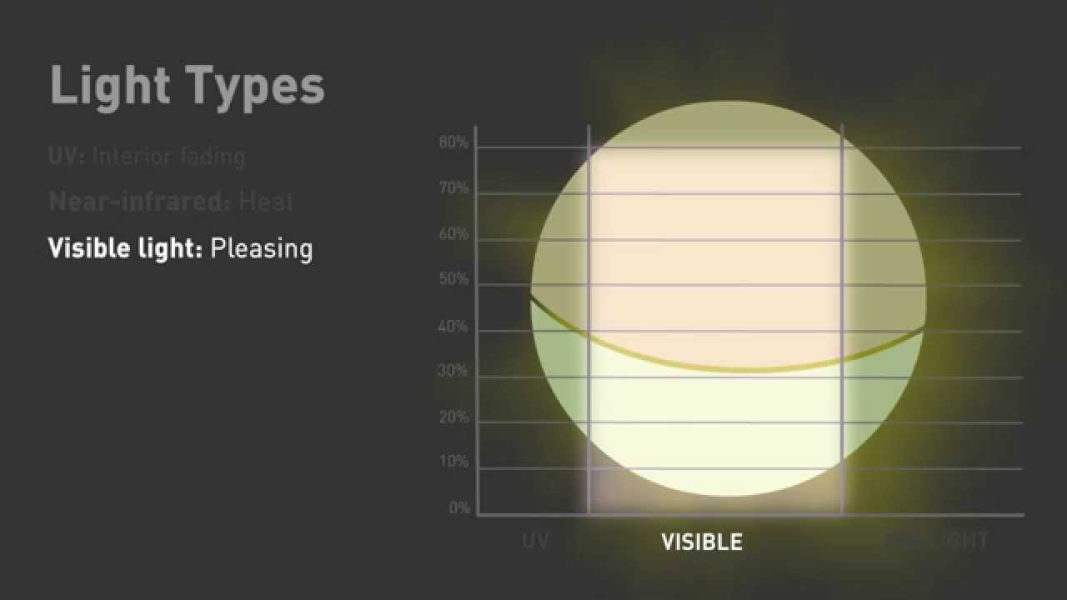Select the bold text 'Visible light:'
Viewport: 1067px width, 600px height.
tap(125, 248)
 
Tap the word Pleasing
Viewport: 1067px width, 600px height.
tap(262, 249)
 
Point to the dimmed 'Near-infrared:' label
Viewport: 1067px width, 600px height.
tap(138, 202)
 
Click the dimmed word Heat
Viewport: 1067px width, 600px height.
tap(266, 202)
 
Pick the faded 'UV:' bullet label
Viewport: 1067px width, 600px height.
tap(67, 156)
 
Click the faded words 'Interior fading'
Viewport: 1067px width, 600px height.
tap(168, 156)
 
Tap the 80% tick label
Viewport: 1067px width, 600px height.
tap(453, 142)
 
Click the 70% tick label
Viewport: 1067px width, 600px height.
tap(453, 189)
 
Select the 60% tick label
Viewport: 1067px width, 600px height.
tap(453, 235)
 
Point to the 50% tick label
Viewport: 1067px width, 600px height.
tap(453, 280)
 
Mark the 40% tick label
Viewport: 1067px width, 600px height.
tap(453, 327)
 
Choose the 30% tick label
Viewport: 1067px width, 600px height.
tap(453, 372)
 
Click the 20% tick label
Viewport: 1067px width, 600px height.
tap(453, 417)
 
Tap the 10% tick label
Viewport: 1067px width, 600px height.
tap(453, 462)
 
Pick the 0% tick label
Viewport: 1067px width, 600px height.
tap(459, 508)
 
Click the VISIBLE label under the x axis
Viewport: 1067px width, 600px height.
tap(702, 542)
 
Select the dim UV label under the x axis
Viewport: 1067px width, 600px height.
tap(535, 542)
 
